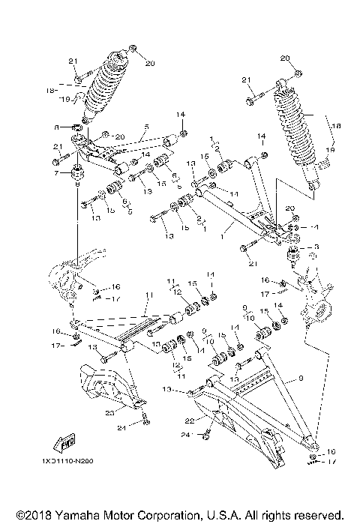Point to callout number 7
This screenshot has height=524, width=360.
(x=57, y=174)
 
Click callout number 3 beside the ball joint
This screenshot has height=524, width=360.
(x=316, y=247)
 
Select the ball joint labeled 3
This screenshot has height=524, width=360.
(x=293, y=255)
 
